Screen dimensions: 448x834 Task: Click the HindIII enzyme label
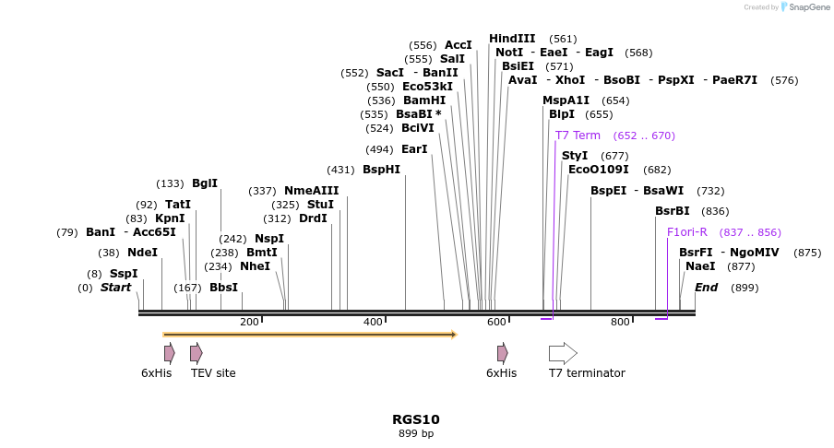pos(512,39)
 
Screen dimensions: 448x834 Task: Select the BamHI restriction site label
pos(424,100)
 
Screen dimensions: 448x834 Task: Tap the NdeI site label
pos(142,253)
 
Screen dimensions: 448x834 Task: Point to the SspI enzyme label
pos(124,274)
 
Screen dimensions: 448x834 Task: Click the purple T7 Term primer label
pos(578,136)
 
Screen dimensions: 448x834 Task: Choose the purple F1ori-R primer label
pos(687,232)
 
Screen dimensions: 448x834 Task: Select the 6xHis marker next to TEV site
pos(169,353)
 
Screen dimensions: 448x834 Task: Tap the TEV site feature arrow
pos(196,353)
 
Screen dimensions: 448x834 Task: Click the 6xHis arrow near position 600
pos(502,353)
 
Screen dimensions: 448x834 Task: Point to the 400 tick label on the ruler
pos(373,322)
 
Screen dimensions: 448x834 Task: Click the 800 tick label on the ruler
pos(620,322)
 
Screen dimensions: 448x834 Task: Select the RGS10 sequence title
pos(416,419)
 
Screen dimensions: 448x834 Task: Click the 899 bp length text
pos(416,433)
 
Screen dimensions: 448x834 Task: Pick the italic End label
pos(706,288)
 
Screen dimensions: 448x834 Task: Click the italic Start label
pos(116,288)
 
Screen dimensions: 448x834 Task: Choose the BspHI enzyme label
pos(381,170)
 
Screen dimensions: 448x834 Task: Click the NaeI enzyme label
pos(700,266)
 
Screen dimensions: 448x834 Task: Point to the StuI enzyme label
pos(320,205)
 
